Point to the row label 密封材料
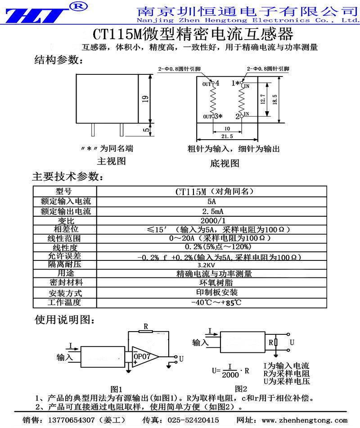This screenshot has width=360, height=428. coord(65,283)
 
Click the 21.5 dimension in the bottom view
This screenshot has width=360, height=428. coord(227,136)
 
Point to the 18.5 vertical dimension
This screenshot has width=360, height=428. coord(275,99)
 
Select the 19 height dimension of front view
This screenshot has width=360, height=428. coord(145,99)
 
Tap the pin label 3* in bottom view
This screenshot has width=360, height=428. coord(219,116)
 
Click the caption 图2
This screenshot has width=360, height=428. coord(241,388)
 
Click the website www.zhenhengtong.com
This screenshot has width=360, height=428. coord(311,420)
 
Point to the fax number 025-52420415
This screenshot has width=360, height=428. coord(193,420)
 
